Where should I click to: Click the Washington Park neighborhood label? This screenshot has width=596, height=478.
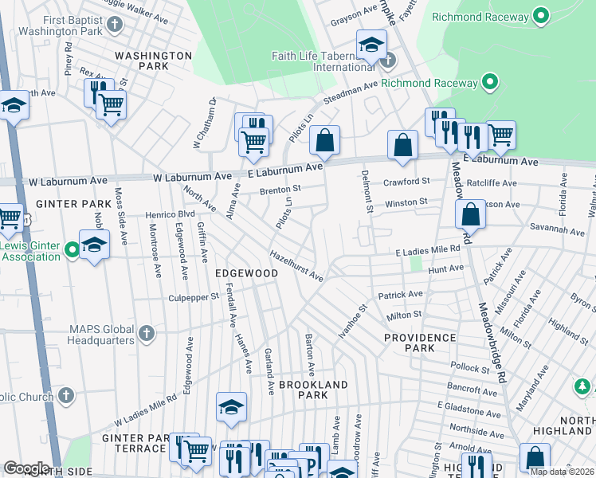[x=153, y=61]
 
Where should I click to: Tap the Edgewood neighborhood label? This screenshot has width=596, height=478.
[x=247, y=273]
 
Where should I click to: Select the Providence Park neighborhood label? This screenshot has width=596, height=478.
[x=420, y=343]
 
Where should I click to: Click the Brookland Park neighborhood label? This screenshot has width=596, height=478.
[x=314, y=390]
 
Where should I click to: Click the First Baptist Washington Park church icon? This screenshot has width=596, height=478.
[x=114, y=23]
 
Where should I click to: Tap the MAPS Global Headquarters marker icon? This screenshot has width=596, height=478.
[x=145, y=334]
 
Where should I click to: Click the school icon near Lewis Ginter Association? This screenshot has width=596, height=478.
[x=94, y=244]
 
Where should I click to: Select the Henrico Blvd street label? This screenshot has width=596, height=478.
[x=169, y=215]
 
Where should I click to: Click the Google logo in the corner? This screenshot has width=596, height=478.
[x=27, y=468]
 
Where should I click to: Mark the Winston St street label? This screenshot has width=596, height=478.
[x=406, y=203]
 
